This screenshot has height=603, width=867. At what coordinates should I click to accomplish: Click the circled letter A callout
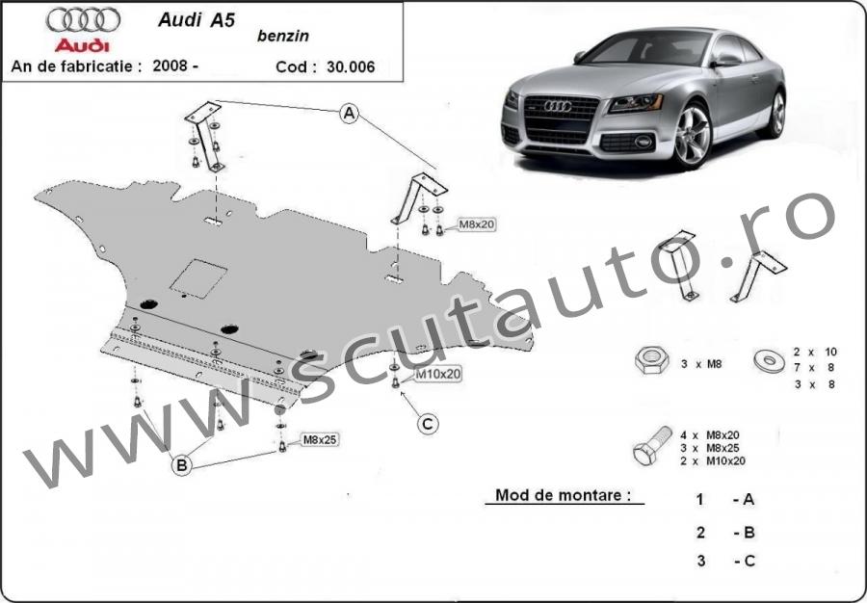coord(349,114)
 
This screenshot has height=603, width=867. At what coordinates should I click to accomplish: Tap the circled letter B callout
coord(181,465)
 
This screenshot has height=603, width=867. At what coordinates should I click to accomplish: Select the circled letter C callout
coord(428,424)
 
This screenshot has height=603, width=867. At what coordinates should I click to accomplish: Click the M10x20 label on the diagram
coord(437,374)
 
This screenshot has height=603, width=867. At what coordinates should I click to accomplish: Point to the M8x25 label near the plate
coord(319,440)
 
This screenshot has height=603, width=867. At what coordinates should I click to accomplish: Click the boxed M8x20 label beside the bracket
coord(477,224)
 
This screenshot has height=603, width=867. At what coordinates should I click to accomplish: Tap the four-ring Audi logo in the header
coord(84,20)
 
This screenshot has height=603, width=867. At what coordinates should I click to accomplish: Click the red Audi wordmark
coord(83,45)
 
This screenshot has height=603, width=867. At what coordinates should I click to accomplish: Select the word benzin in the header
coord(283,36)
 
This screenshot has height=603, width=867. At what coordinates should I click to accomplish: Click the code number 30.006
coord(351,66)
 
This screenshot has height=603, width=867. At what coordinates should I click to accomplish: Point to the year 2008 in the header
coord(171,66)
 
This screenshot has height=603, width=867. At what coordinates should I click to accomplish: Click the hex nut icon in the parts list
coord(652,360)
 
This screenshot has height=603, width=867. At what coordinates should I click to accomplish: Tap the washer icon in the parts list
coord(769,361)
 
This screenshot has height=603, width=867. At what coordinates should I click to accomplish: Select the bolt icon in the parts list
coord(651,445)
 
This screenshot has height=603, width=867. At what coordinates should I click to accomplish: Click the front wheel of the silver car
coord(691,135)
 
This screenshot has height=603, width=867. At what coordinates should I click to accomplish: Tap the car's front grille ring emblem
coord(558,106)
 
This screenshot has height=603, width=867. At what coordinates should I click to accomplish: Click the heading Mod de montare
coord(563,495)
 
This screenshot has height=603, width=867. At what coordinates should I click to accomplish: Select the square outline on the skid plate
coord(198,278)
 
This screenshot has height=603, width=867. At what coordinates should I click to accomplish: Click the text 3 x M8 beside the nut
coord(701,364)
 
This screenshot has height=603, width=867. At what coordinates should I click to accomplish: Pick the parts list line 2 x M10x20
coord(713,461)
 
